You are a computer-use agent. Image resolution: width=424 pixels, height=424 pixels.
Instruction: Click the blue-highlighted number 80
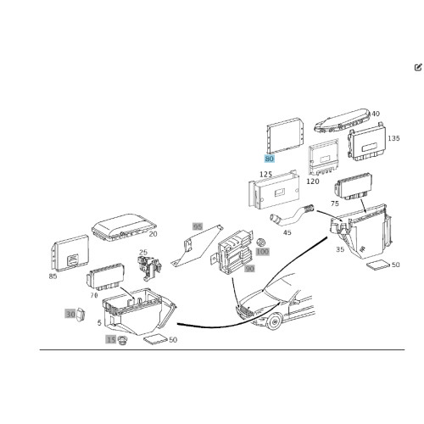(x=269, y=159)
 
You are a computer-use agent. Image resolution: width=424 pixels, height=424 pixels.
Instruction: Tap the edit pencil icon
(x=418, y=68)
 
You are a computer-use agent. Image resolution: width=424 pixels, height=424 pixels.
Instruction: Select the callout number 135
(x=393, y=138)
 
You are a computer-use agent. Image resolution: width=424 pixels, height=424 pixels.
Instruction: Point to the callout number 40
(x=376, y=114)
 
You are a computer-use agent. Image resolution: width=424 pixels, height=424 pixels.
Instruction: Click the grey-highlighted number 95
(x=198, y=226)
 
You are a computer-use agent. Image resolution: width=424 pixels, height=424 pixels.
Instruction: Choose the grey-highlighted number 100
(x=263, y=251)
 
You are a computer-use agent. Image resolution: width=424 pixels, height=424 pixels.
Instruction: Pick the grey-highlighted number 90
(x=249, y=268)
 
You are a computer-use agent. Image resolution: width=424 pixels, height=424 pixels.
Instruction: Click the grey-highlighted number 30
(x=70, y=314)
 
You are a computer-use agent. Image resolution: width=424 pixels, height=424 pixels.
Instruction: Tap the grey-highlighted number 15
(x=111, y=339)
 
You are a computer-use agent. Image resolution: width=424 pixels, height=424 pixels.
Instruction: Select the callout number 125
(x=265, y=175)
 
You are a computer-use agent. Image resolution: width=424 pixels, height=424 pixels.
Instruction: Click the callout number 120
(x=313, y=181)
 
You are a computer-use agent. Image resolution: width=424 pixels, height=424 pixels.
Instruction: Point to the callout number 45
(x=287, y=232)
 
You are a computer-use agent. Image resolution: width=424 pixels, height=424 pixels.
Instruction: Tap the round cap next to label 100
(x=261, y=242)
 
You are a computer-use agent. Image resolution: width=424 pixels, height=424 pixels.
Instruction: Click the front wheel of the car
(x=274, y=321)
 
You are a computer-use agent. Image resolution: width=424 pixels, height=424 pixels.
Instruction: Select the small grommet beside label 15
(x=122, y=340)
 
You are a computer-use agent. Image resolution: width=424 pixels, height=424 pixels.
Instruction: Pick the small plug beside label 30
(x=81, y=315)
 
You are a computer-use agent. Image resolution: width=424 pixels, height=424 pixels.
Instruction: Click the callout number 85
(x=53, y=276)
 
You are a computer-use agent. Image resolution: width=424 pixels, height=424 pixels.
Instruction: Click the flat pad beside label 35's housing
(x=378, y=265)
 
